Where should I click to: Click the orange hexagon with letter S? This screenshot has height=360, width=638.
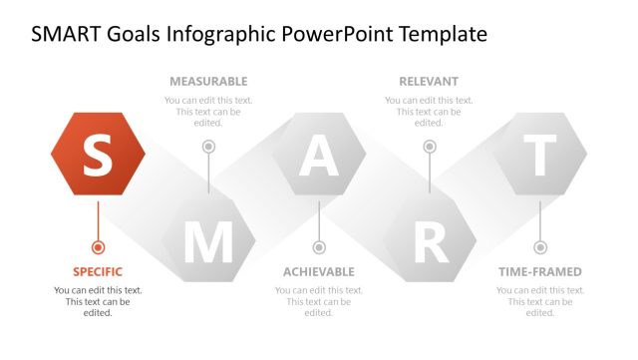pos(98,154)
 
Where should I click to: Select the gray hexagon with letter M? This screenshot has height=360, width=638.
pos(208,240)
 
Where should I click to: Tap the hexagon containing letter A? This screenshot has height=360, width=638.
pos(319,154)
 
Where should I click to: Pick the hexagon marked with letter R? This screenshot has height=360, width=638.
pos(430,240)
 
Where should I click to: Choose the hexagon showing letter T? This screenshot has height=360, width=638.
pos(540,154)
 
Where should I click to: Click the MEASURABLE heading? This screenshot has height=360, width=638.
pos(208,81)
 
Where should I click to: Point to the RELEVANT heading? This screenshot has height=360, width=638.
pos(429,81)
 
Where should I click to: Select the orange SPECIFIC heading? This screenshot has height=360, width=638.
pos(98,271)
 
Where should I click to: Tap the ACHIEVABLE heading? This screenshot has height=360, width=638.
pos(319,271)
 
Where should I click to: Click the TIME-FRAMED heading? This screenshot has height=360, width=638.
pos(540,271)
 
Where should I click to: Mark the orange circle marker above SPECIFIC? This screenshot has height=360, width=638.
pos(98,246)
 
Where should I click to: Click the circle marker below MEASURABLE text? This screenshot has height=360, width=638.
pos(208,147)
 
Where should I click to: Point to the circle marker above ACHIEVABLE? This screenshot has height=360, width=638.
pos(319,246)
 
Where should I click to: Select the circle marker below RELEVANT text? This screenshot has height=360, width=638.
pos(430,147)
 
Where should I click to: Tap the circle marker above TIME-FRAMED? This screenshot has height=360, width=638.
pos(540,246)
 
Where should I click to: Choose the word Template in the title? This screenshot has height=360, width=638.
pos(444,35)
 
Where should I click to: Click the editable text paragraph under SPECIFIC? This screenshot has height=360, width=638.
pos(98,301)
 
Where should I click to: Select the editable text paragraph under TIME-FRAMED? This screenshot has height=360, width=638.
pos(540,301)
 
